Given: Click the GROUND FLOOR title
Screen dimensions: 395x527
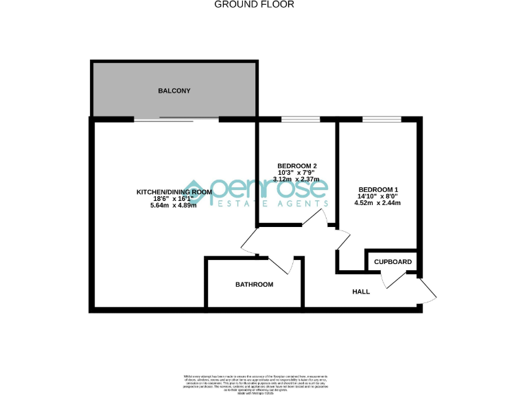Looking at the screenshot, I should pos(255,4).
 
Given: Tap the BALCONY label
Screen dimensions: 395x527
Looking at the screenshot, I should pos(174,91).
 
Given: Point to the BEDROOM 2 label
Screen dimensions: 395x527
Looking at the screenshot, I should pos(296,166).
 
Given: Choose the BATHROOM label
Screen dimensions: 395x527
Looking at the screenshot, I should pos(254,285).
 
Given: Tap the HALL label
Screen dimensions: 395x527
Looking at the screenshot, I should pos(361,291).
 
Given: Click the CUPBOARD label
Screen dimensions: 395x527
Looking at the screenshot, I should pos(393,262).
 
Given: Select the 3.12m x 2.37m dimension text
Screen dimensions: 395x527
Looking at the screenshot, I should pos(296,179).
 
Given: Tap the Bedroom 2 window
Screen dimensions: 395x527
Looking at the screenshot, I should pos(301,119).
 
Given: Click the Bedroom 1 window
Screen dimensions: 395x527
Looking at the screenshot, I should pos(382,119).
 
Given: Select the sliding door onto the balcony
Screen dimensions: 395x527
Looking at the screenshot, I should pos(176,119).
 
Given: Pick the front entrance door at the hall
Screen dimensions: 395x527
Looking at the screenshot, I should pos(427,291).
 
